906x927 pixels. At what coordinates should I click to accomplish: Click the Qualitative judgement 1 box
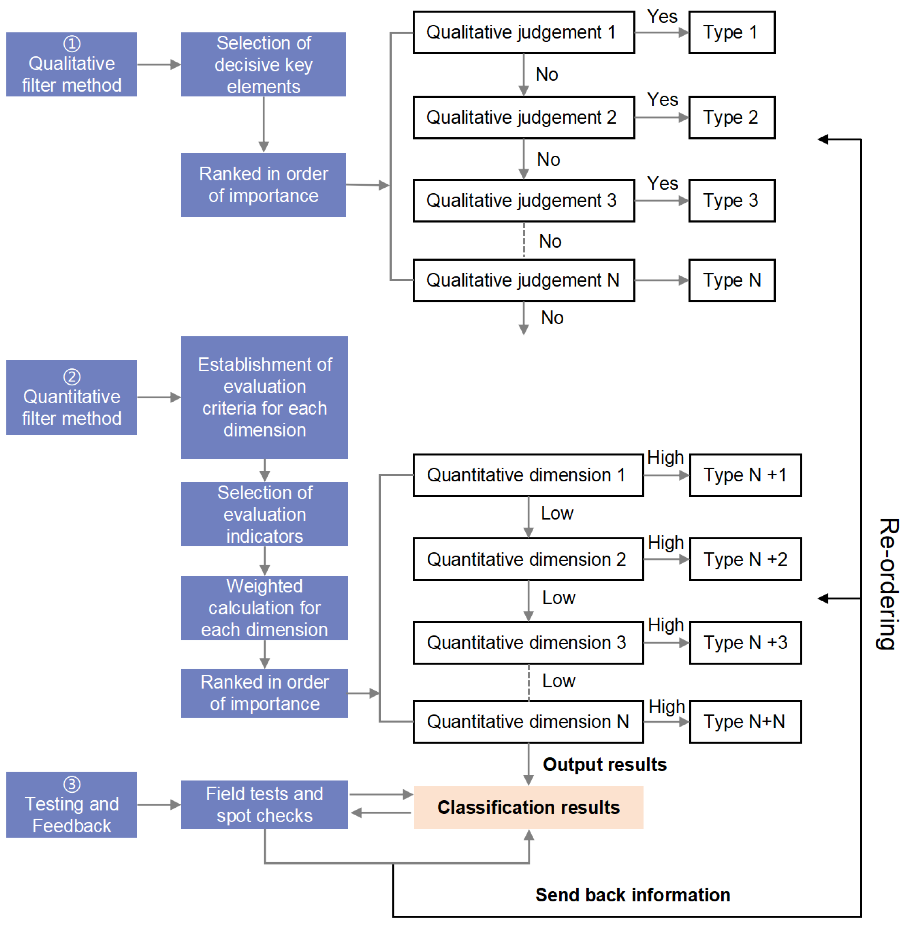(524, 32)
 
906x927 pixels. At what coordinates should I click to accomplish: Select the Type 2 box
(731, 118)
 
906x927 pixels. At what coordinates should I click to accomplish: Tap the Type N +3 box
(745, 643)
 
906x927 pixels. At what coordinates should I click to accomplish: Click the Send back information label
(632, 895)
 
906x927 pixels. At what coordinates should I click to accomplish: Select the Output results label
(604, 764)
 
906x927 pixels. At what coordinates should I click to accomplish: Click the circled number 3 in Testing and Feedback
(72, 784)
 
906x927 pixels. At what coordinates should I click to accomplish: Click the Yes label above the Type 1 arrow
(662, 17)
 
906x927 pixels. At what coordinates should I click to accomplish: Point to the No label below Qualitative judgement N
(552, 317)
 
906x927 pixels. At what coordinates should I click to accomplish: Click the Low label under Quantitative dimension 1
(557, 513)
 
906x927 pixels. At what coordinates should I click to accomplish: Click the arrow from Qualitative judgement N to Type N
(661, 280)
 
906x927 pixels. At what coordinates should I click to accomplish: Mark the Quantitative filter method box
(71, 397)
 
